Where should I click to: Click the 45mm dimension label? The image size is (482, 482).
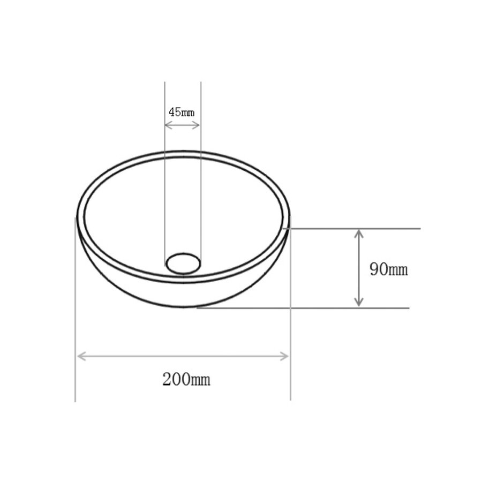(182, 112)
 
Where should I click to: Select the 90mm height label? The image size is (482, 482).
(388, 269)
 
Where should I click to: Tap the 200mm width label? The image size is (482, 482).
(186, 380)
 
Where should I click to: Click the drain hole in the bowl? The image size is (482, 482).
(183, 263)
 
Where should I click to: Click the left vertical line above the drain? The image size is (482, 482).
(165, 161)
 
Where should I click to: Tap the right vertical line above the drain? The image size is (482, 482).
(201, 161)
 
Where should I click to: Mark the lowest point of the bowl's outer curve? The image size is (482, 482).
(183, 307)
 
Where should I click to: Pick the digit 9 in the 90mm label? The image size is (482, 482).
(374, 269)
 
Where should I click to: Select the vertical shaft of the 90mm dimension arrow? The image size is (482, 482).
(359, 268)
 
